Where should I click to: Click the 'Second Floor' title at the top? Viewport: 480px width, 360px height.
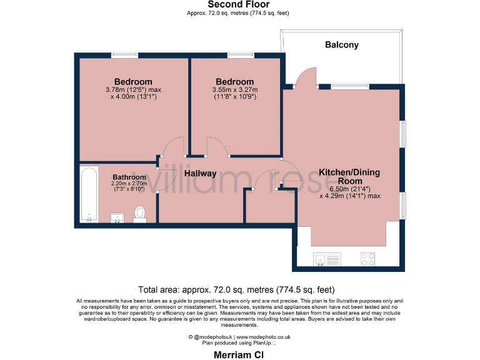tap(239, 5)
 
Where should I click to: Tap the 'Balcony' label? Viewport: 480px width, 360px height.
tap(341, 44)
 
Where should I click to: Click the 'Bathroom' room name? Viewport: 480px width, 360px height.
tap(129, 177)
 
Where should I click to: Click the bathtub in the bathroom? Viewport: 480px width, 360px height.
tap(89, 194)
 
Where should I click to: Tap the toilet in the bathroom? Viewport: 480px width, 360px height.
tap(140, 214)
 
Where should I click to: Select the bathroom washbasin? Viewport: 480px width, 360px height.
tap(117, 217)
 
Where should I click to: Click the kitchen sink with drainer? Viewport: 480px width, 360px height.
tap(327, 258)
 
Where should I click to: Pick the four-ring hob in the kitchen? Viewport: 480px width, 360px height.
tap(367, 258)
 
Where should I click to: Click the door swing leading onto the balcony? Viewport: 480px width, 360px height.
tap(304, 78)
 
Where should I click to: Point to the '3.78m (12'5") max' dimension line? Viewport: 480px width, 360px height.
tap(133, 90)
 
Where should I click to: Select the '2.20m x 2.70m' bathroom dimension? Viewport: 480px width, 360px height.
tap(128, 184)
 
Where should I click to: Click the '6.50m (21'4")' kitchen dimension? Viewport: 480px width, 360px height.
tap(349, 188)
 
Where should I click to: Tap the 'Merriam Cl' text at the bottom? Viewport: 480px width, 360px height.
tap(239, 353)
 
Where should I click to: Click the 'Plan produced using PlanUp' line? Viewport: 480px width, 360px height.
tap(239, 343)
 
